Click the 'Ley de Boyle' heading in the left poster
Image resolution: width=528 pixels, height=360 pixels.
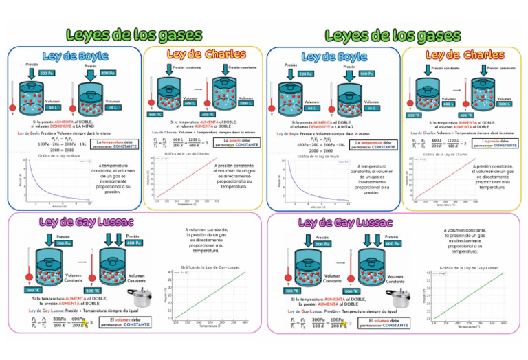tap(74, 56)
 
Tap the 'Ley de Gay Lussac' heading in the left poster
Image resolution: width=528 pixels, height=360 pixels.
tap(86, 222)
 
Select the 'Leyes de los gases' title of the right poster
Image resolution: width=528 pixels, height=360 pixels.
tap(393, 35)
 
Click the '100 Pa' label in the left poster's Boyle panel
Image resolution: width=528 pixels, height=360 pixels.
tap(47, 73)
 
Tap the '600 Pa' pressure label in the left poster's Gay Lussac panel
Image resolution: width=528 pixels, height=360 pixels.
tap(133, 243)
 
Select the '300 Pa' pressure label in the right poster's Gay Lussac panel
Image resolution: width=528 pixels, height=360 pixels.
tap(322, 243)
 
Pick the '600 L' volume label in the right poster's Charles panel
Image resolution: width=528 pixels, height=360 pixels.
tap(448, 104)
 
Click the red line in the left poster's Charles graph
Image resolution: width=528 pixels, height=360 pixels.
tap(187, 179)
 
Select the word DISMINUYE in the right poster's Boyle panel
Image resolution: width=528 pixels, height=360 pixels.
tap(301, 126)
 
